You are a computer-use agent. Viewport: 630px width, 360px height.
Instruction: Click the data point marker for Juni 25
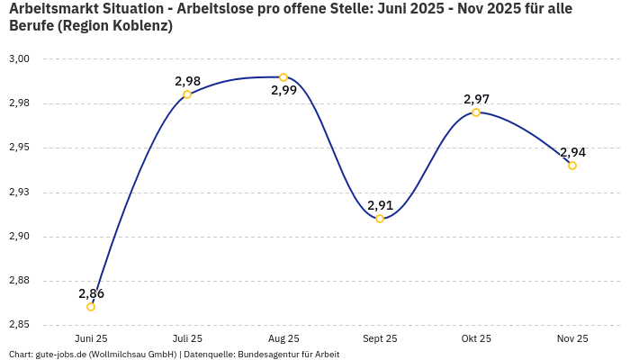91,307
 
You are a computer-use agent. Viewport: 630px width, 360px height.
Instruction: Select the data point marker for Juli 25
187,94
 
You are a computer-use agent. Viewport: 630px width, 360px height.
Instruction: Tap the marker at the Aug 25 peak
283,77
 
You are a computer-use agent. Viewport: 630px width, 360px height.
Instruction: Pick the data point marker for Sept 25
380,219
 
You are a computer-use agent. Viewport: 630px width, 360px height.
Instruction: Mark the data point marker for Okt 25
476,112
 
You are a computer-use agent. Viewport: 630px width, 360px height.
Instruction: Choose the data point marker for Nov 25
572,166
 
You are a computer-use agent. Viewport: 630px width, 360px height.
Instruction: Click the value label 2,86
91,293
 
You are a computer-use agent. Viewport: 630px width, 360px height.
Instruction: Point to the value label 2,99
283,91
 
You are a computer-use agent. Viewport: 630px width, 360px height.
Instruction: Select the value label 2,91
380,205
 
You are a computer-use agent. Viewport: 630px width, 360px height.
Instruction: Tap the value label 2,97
476,99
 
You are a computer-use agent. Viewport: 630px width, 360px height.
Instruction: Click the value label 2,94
572,152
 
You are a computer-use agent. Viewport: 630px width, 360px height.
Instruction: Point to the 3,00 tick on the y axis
19,58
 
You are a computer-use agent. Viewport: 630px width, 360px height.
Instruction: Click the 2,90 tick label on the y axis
19,237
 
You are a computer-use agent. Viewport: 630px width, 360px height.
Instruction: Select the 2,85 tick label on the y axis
19,325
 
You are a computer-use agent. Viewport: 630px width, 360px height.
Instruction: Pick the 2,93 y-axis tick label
19,192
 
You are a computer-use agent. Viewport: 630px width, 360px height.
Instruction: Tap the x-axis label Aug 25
283,339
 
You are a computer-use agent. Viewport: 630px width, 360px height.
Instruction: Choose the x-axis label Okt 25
476,339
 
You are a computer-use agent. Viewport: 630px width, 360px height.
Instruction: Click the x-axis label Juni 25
91,339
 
